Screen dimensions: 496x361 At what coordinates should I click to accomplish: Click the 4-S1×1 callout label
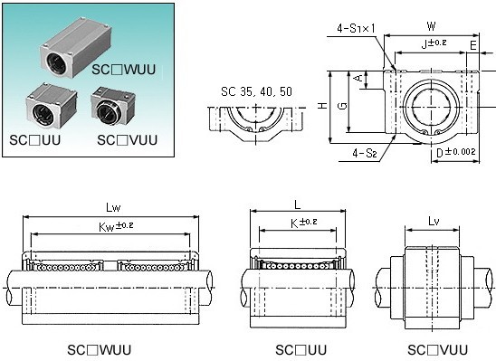click(356, 29)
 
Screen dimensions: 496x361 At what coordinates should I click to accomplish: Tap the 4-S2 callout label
click(365, 153)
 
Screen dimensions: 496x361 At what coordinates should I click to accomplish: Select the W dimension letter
click(431, 26)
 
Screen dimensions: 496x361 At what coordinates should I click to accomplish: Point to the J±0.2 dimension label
click(434, 43)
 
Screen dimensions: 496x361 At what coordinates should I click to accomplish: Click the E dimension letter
click(472, 46)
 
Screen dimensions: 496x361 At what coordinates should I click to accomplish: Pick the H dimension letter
click(322, 105)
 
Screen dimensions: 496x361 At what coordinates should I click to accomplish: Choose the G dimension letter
click(342, 106)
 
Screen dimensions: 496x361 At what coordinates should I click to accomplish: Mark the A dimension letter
click(359, 78)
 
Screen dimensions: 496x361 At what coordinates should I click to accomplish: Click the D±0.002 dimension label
click(456, 152)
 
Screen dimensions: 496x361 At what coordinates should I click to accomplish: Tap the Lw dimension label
click(113, 207)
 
